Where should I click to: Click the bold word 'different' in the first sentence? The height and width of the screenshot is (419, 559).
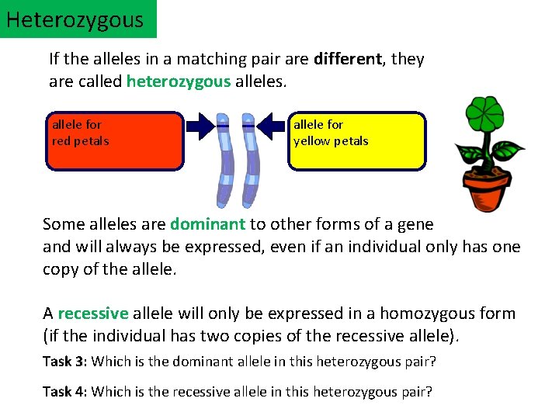coord(348,59)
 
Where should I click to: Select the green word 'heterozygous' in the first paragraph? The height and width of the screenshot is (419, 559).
coord(178,81)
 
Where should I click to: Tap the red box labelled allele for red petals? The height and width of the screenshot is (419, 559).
coord(115,141)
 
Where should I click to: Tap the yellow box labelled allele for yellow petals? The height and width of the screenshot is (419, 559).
coord(357,141)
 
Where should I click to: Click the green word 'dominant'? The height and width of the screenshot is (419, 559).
coord(207,224)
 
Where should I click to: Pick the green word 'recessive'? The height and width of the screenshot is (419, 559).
coord(92,313)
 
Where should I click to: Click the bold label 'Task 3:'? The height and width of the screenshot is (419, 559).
coord(65,361)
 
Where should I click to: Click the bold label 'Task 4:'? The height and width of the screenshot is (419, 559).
coord(65,391)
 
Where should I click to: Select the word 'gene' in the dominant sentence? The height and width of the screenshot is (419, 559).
coord(415,224)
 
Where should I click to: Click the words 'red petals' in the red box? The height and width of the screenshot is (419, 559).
coord(80,141)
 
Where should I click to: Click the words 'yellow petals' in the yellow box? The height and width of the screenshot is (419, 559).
coord(331,141)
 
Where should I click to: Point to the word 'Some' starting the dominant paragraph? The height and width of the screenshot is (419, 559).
coord(61,224)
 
